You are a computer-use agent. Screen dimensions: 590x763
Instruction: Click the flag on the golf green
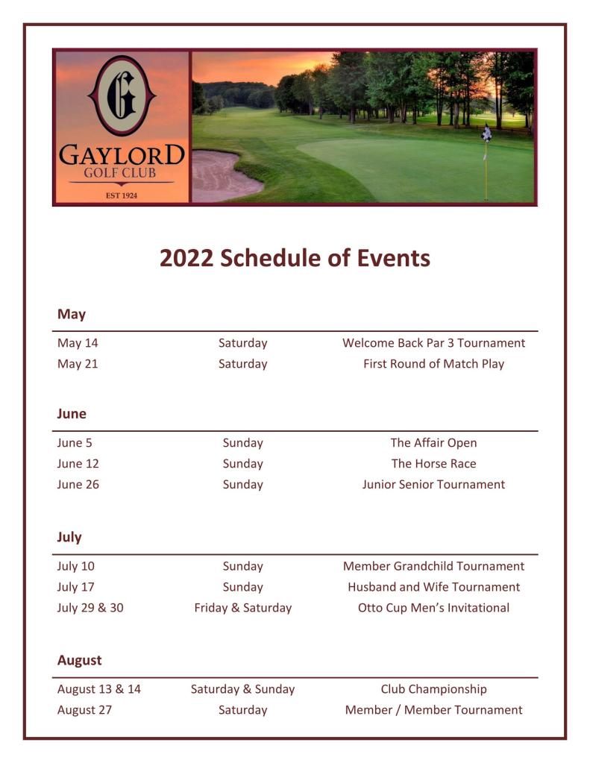[486, 134]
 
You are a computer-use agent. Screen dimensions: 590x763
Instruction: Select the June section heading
[72, 413]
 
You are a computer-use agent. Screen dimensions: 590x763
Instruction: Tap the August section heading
[79, 660]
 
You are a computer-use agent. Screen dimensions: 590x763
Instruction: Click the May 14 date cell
[78, 343]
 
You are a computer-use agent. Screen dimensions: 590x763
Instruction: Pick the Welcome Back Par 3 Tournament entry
[433, 343]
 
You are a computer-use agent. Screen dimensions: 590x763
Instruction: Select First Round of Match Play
[433, 364]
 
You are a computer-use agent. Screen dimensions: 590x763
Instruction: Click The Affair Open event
[433, 442]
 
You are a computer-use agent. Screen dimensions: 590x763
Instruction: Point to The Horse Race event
[433, 463]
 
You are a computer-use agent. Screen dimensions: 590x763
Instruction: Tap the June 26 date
[78, 484]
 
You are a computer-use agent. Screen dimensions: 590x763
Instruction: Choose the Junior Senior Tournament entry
[433, 484]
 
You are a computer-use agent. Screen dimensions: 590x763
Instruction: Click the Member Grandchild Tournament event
[433, 566]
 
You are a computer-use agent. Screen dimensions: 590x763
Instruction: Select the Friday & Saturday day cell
[242, 608]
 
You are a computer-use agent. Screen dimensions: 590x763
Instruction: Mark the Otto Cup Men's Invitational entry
[433, 608]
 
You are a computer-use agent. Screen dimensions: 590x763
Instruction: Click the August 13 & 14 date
[98, 689]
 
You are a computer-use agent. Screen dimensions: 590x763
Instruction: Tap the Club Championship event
[433, 689]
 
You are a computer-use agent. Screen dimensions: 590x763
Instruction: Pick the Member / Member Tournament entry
[433, 710]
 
